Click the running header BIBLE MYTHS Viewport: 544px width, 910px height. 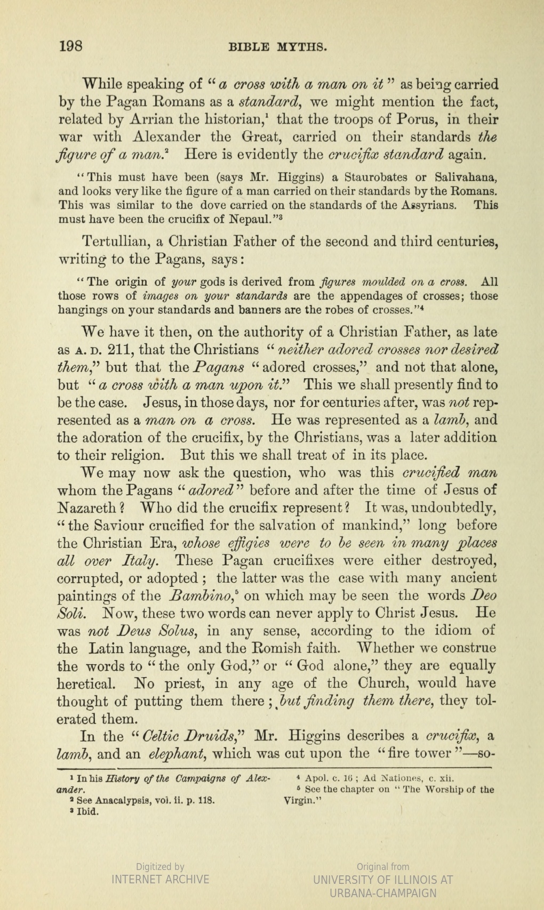click(277, 47)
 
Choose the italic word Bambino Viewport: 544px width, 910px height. click(192, 595)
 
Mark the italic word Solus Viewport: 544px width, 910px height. click(179, 631)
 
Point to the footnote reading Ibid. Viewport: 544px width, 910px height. click(87, 812)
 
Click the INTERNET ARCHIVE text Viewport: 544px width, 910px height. click(160, 879)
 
